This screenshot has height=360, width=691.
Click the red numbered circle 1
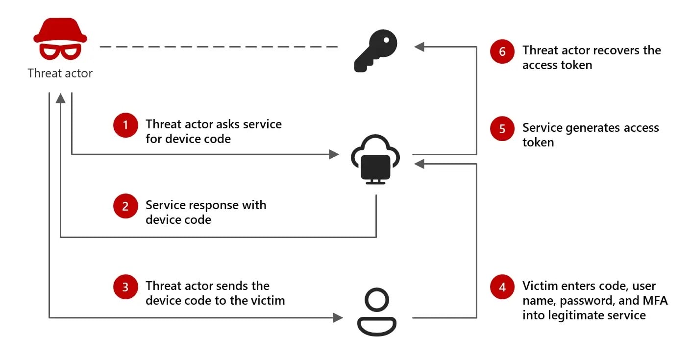125,125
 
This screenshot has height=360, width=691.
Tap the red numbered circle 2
125,206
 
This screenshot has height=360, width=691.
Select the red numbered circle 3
125,287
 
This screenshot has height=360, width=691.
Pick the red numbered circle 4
502,287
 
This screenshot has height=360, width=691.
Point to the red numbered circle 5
502,129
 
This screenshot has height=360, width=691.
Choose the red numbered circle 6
502,51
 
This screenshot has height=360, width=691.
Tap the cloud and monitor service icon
375,160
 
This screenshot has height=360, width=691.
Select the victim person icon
376,312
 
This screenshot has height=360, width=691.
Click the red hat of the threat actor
60,30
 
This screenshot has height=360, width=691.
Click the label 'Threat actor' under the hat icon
60,73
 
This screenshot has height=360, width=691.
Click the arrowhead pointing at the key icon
419,47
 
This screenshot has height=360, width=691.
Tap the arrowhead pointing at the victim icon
338,318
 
